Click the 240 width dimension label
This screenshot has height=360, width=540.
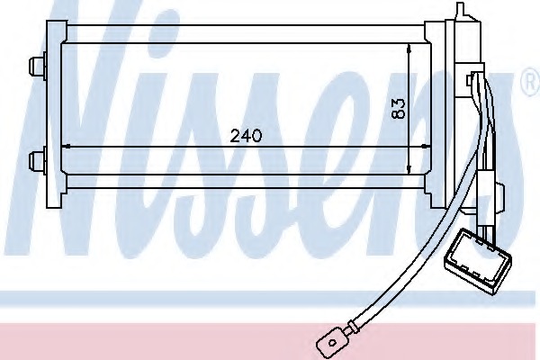click(x=246, y=135)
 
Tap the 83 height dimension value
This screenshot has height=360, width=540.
click(x=399, y=109)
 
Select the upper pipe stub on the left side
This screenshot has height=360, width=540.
click(x=37, y=66)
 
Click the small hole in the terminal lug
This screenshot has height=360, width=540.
click(x=332, y=342)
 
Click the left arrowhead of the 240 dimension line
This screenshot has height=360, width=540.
click(x=66, y=147)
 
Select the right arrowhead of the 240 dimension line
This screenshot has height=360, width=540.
click(x=427, y=147)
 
